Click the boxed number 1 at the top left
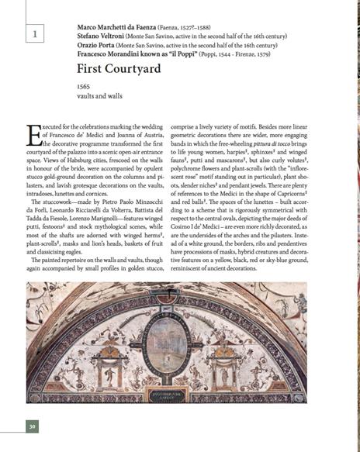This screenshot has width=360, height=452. click(33, 33)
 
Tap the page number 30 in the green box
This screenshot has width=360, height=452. click(32, 426)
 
